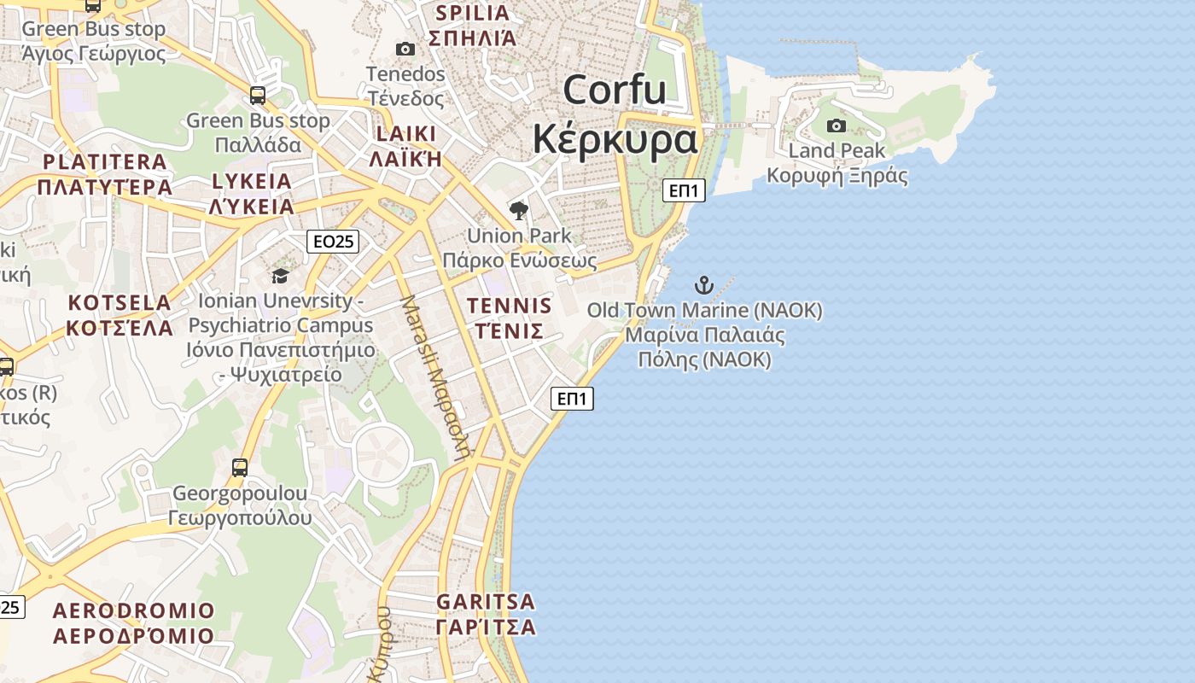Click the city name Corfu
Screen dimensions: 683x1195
click(x=614, y=89)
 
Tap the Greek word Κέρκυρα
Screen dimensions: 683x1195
click(x=615, y=140)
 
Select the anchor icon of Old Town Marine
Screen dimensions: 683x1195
click(x=704, y=284)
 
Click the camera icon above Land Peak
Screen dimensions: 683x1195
click(x=836, y=126)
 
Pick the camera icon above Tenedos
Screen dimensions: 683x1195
click(x=405, y=49)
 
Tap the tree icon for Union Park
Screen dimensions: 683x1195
click(x=518, y=210)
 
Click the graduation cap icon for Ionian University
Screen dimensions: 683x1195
click(x=280, y=276)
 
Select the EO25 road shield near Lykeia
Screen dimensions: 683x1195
click(x=333, y=242)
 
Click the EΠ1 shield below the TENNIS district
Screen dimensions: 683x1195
click(x=572, y=398)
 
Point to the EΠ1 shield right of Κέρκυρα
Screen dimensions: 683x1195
click(x=684, y=190)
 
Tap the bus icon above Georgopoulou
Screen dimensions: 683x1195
click(x=240, y=467)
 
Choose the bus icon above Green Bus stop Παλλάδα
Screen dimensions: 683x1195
click(x=258, y=95)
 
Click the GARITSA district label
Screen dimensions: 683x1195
click(x=486, y=602)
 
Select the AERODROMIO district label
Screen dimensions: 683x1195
click(x=134, y=611)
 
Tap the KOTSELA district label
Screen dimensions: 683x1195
click(x=119, y=303)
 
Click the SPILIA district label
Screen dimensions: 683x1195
click(x=473, y=13)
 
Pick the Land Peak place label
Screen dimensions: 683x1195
click(x=836, y=151)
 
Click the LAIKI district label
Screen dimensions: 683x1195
click(x=405, y=134)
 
